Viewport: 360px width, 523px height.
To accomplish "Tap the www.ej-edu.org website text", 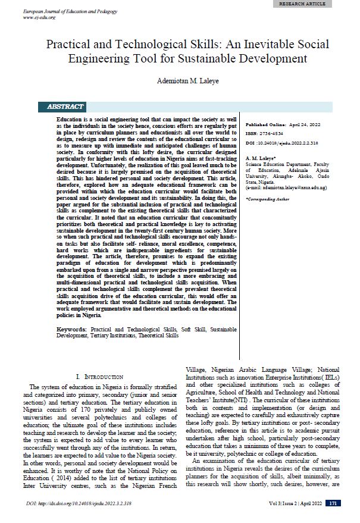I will (x=39, y=17).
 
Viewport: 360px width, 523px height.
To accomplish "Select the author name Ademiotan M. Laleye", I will (x=179, y=81).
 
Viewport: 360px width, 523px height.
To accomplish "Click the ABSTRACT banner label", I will (x=65, y=107).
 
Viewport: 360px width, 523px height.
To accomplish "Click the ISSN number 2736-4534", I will (x=273, y=133).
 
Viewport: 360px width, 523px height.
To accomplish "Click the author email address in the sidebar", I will (x=286, y=187).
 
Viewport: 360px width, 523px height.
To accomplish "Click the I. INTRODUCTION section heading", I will (x=100, y=377).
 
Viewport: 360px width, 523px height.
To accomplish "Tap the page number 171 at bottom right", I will (x=334, y=503).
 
